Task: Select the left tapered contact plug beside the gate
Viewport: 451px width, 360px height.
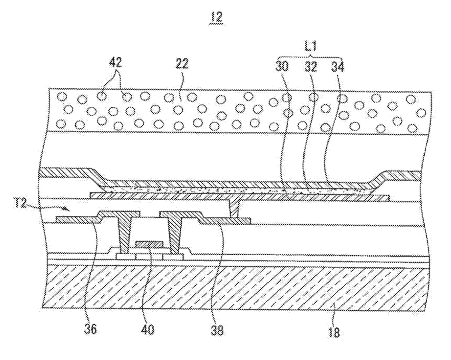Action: [125, 232]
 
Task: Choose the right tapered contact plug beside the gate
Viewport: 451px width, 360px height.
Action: [174, 232]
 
